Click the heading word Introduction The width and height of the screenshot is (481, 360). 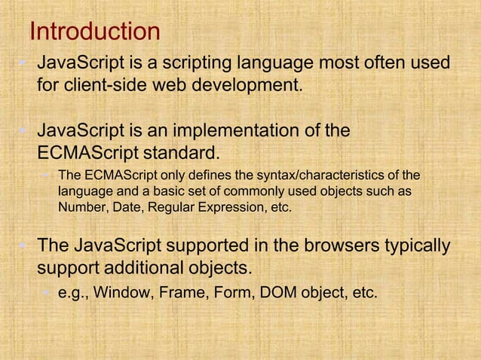pyautogui.click(x=94, y=32)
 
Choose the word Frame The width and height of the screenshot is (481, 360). pyautogui.click(x=179, y=292)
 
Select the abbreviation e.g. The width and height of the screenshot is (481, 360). pyautogui.click(x=72, y=293)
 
